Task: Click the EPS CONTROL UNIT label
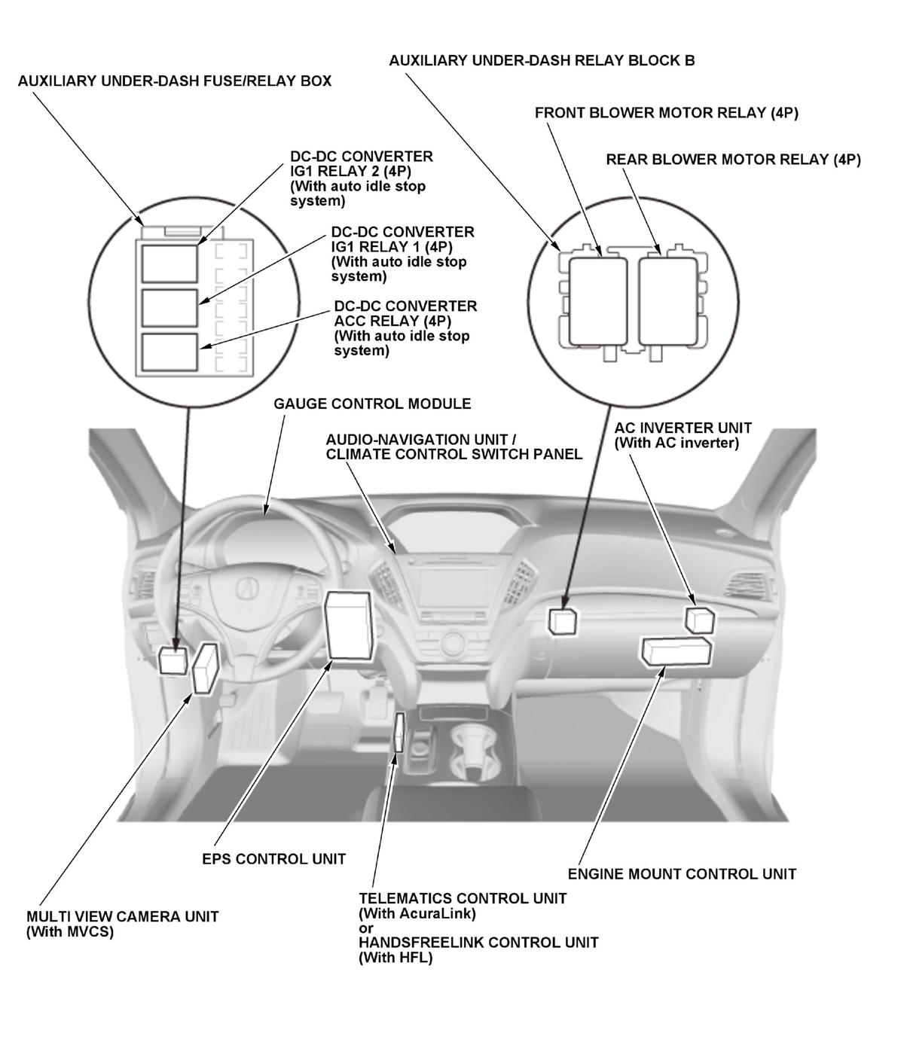coord(273,858)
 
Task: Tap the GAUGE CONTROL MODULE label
coord(372,404)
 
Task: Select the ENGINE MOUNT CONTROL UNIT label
coord(681,874)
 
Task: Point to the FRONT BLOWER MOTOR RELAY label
coord(666,113)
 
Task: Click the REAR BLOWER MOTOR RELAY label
coord(733,160)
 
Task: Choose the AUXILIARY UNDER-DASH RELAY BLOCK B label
coord(542,60)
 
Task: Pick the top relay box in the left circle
coord(169,263)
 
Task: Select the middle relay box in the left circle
coord(169,307)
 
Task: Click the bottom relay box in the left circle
coord(169,352)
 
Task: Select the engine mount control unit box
coord(676,651)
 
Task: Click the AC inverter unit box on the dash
coord(699,620)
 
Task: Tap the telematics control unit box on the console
coord(400,734)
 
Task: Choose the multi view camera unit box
coord(205,667)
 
